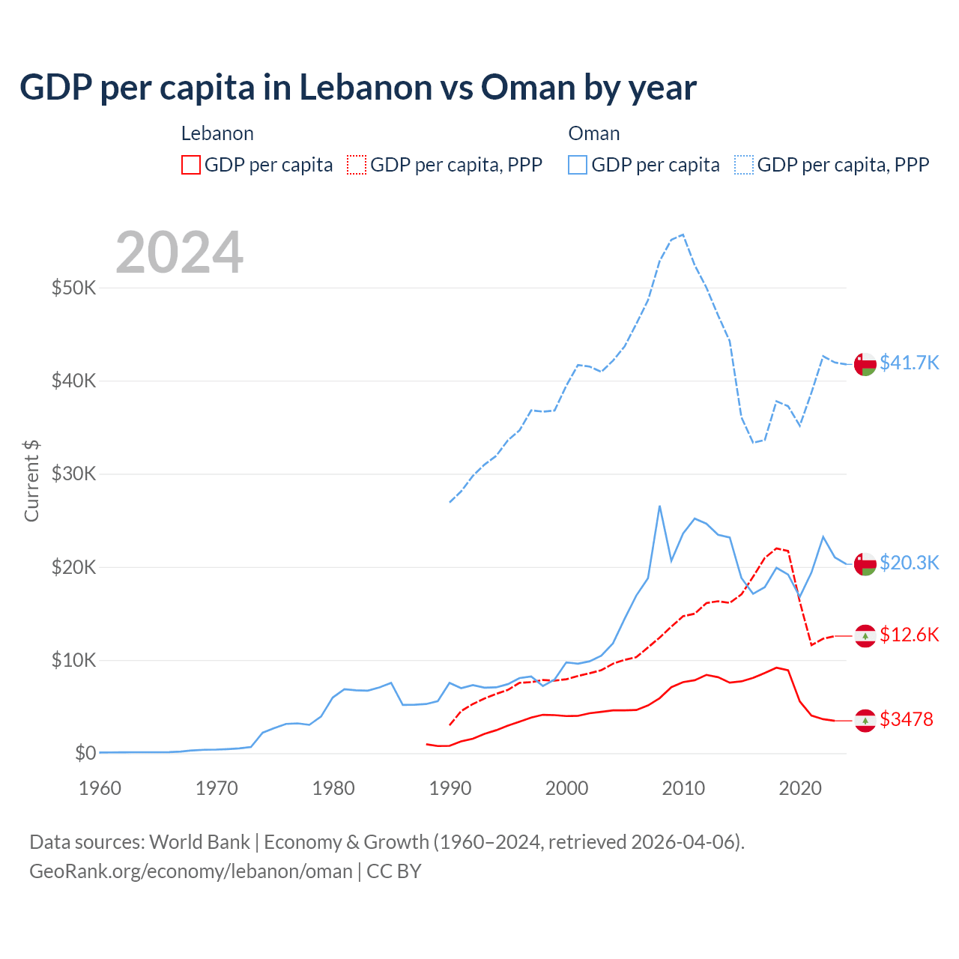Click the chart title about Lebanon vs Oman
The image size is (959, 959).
click(358, 88)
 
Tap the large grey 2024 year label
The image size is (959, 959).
click(179, 252)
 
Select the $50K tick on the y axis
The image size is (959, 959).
click(73, 288)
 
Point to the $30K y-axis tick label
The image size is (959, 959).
click(73, 474)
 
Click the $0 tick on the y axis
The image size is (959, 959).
click(85, 753)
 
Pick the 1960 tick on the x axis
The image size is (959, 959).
click(100, 788)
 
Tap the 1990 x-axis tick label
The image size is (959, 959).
click(450, 788)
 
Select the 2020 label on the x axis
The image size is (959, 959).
click(800, 788)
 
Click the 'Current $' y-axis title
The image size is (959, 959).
click(31, 481)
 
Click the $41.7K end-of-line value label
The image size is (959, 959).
click(909, 363)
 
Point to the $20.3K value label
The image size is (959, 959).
click(909, 563)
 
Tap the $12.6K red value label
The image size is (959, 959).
click(909, 635)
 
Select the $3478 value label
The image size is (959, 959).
click(906, 719)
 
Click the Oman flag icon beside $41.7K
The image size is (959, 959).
click(865, 363)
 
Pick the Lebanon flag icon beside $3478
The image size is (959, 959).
click(865, 720)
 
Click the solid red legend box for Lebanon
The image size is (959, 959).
click(191, 165)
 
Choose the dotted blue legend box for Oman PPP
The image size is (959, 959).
click(744, 165)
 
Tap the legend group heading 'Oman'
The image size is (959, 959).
click(594, 133)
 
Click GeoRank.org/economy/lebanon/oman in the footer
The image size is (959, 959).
click(191, 871)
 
